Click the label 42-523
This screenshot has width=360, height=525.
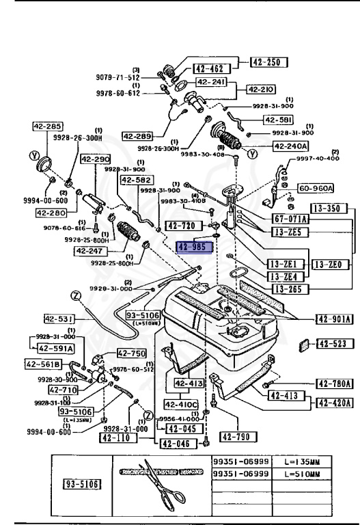(x=335, y=345)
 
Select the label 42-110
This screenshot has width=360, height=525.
(x=114, y=438)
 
